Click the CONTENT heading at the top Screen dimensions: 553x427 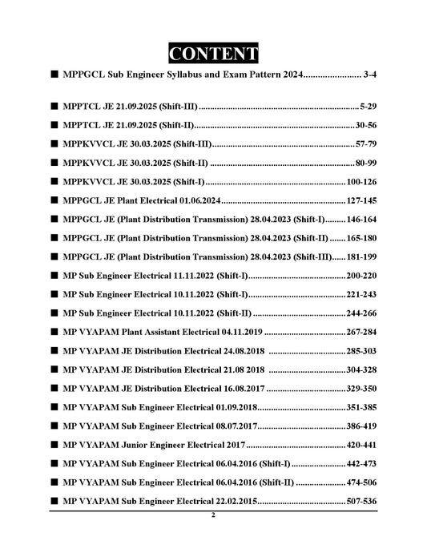click(213, 54)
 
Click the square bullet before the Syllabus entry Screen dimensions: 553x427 click(53, 75)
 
